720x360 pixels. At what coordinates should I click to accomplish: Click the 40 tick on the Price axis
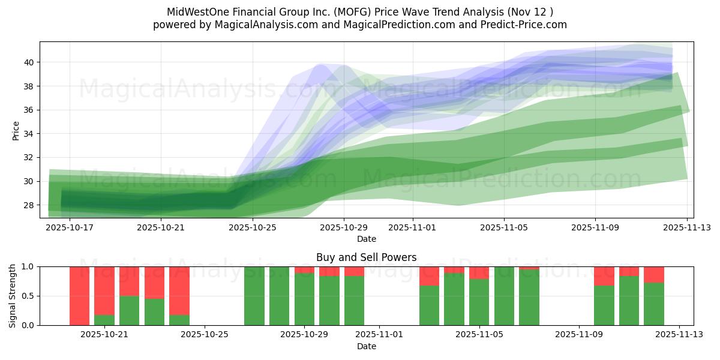click(x=29, y=62)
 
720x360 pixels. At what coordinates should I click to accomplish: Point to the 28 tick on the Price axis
click(x=29, y=205)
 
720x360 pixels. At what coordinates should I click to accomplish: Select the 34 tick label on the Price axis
click(x=29, y=134)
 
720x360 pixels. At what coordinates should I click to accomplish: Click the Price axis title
click(x=16, y=130)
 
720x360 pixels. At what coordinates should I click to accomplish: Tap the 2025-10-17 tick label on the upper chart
click(x=70, y=228)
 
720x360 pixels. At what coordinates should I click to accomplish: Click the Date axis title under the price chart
click(x=367, y=239)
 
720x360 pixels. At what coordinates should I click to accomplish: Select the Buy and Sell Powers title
click(x=367, y=257)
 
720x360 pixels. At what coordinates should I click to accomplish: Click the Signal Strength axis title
click(x=13, y=296)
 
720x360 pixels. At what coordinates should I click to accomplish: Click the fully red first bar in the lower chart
click(x=79, y=296)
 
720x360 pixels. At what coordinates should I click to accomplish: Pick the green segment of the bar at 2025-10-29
click(x=304, y=300)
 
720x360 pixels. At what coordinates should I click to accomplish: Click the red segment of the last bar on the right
click(x=654, y=274)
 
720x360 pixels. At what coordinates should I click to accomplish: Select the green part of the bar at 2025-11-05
click(x=479, y=303)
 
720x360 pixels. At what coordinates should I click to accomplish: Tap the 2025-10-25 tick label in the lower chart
click(x=205, y=335)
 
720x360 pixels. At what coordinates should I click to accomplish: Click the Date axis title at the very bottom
click(x=367, y=346)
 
